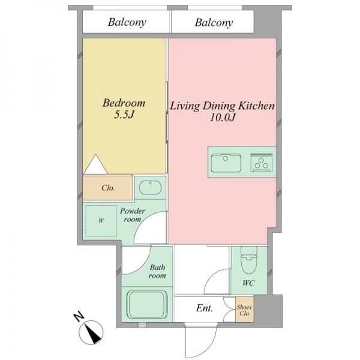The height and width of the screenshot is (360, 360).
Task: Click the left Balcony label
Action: click(127, 23)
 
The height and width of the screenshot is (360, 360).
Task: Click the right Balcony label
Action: click(214, 23)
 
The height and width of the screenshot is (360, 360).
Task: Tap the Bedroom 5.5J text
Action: click(124, 109)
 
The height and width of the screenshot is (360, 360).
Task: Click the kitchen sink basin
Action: click(226, 163)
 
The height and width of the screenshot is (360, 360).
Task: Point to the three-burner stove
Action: click(262, 163)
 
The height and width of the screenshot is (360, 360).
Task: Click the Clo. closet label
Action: click(108, 188)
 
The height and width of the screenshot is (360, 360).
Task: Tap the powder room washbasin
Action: click(151, 188)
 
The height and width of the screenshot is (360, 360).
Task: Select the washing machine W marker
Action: click(101, 221)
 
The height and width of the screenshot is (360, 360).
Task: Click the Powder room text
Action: click(133, 215)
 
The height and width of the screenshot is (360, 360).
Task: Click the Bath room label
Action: click(157, 271)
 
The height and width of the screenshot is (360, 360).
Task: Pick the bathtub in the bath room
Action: click(147, 304)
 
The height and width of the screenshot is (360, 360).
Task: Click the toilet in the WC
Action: click(249, 260)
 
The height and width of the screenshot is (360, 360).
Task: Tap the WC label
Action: click(248, 283)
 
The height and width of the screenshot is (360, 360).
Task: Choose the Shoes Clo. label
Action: click(245, 310)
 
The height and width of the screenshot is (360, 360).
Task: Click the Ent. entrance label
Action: click(205, 308)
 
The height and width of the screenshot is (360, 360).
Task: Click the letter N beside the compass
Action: click(79, 317)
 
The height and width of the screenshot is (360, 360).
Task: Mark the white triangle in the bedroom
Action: click(95, 164)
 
